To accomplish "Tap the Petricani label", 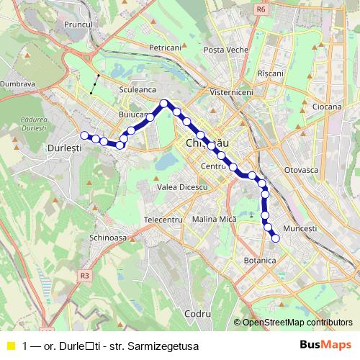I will [165, 48].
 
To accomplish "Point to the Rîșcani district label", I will [271, 74].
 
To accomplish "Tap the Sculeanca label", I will [138, 89].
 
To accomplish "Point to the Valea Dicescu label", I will [182, 186].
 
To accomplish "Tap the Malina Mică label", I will [215, 219].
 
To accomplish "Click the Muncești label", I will [300, 228].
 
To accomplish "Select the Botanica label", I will [260, 259].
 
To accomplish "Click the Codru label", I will [196, 314].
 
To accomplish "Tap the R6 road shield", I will [260, 9].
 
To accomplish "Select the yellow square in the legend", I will [11, 345].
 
